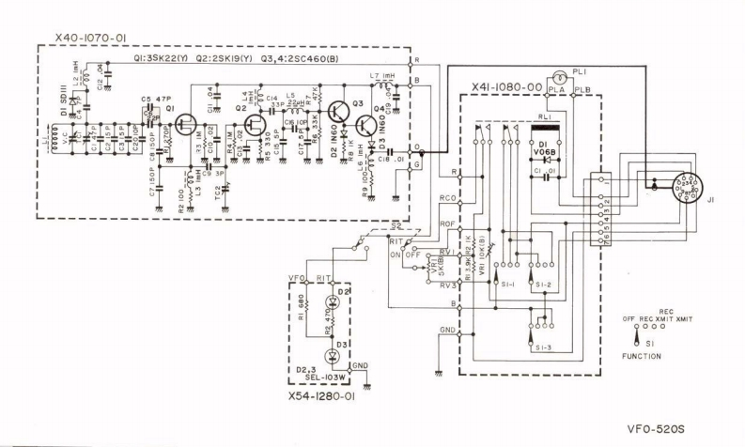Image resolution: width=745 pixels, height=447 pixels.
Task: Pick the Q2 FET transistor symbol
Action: (254, 123)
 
